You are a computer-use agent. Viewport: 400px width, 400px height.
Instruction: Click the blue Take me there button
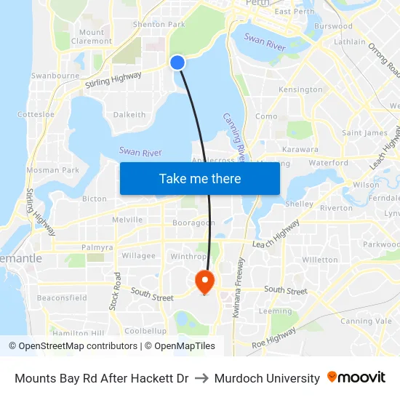tap(200, 178)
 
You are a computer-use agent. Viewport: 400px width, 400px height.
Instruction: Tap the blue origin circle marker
tap(177, 63)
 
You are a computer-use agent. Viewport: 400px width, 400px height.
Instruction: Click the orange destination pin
tap(204, 281)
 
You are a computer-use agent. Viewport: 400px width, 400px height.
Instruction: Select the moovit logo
tap(356, 377)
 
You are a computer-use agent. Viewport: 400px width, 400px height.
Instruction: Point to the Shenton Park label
tap(159, 24)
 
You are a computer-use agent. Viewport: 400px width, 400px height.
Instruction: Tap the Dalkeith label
tap(129, 114)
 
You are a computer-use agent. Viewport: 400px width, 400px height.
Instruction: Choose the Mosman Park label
tap(52, 170)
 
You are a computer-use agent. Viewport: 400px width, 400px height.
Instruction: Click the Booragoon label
tap(193, 223)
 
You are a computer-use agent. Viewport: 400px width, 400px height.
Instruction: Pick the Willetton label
tap(320, 260)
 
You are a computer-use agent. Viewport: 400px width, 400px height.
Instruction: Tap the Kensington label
tap(300, 89)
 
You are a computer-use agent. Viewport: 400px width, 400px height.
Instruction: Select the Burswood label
tap(333, 26)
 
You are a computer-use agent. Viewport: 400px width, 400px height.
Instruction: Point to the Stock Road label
tap(115, 292)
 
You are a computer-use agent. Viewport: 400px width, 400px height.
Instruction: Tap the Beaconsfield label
tap(62, 297)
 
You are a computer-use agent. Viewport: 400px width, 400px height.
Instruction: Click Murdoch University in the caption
tap(268, 378)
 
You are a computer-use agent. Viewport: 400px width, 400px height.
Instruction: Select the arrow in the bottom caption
tap(201, 378)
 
